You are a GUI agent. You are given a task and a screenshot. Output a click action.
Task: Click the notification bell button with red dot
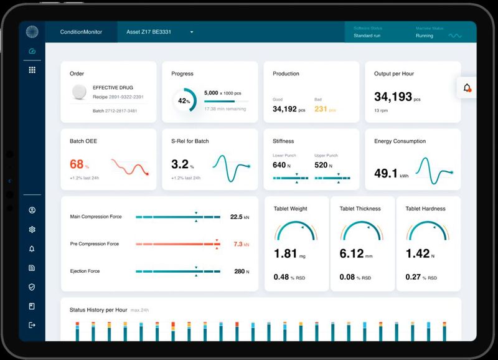(x=467, y=88)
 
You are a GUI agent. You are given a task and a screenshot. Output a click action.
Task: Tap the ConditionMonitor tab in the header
(x=81, y=32)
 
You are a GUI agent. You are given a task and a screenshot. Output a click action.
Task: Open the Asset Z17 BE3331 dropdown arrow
(x=192, y=32)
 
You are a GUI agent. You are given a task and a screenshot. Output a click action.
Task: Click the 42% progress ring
(x=184, y=100)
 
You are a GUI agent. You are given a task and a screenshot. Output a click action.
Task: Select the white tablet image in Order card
(x=79, y=92)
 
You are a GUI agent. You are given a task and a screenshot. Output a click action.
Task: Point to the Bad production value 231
(x=321, y=109)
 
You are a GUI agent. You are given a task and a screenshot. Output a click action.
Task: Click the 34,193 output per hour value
(x=393, y=97)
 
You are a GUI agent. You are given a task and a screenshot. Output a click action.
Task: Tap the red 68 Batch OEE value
(x=77, y=164)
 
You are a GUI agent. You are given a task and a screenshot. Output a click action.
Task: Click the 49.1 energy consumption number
(x=386, y=173)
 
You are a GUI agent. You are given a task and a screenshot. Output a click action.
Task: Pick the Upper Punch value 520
(x=321, y=165)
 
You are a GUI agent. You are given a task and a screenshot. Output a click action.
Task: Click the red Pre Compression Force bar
(x=177, y=244)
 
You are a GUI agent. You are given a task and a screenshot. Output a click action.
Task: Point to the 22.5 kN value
(x=236, y=217)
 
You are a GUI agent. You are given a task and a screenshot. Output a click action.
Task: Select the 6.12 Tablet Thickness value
(x=352, y=254)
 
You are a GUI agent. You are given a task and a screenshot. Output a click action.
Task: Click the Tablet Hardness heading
(x=425, y=209)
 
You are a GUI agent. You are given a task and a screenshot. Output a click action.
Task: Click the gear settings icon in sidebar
(x=32, y=229)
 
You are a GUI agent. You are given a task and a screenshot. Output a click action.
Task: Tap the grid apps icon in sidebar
(x=32, y=70)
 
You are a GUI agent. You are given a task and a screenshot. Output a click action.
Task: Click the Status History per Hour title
(x=98, y=310)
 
